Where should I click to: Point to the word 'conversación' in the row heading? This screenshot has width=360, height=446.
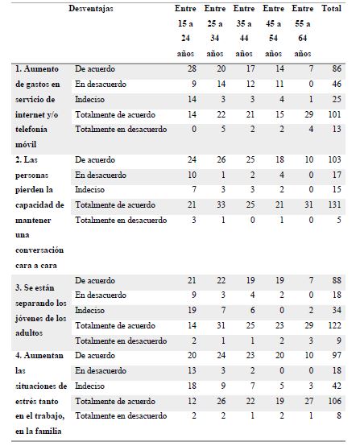click(x=37, y=250)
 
